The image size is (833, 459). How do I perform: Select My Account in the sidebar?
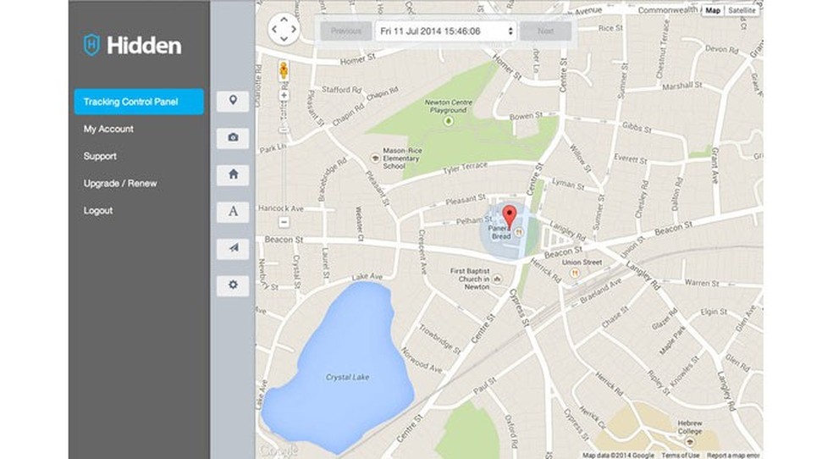(108, 129)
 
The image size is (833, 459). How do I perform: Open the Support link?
(100, 156)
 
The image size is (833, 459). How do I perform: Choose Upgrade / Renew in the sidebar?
(120, 183)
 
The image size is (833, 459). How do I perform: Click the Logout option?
(98, 210)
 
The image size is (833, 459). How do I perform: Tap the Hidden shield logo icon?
(91, 45)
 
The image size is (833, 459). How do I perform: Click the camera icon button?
(233, 137)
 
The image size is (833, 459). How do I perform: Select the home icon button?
(233, 174)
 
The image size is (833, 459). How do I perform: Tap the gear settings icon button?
(233, 285)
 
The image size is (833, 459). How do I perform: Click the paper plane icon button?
(233, 248)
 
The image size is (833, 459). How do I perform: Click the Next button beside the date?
(546, 31)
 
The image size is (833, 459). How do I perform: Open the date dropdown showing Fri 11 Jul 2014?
(446, 31)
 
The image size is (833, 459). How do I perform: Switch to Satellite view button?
(742, 10)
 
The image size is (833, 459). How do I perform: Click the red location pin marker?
(509, 214)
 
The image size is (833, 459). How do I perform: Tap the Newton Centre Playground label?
(445, 107)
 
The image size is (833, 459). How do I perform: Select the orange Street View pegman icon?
(283, 69)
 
